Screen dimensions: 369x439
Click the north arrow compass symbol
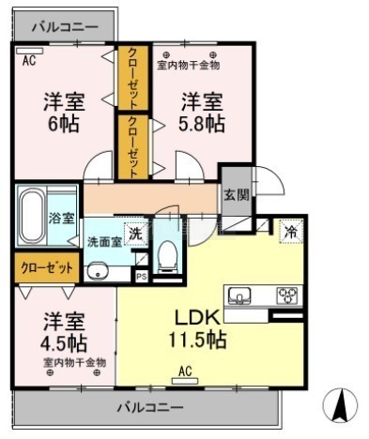[340, 405]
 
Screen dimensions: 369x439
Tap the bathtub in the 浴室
[31, 216]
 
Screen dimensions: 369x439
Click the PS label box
[142, 277]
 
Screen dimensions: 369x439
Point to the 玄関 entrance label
[237, 195]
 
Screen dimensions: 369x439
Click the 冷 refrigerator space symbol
[291, 232]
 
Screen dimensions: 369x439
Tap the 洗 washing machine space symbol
[136, 234]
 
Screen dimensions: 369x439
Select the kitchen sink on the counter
[239, 295]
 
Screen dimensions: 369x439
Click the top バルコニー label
[65, 27]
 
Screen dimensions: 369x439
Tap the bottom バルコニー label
[150, 407]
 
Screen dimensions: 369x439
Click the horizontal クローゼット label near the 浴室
[47, 268]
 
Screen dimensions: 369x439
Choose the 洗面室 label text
[104, 242]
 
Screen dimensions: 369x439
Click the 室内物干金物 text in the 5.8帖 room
[188, 66]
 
